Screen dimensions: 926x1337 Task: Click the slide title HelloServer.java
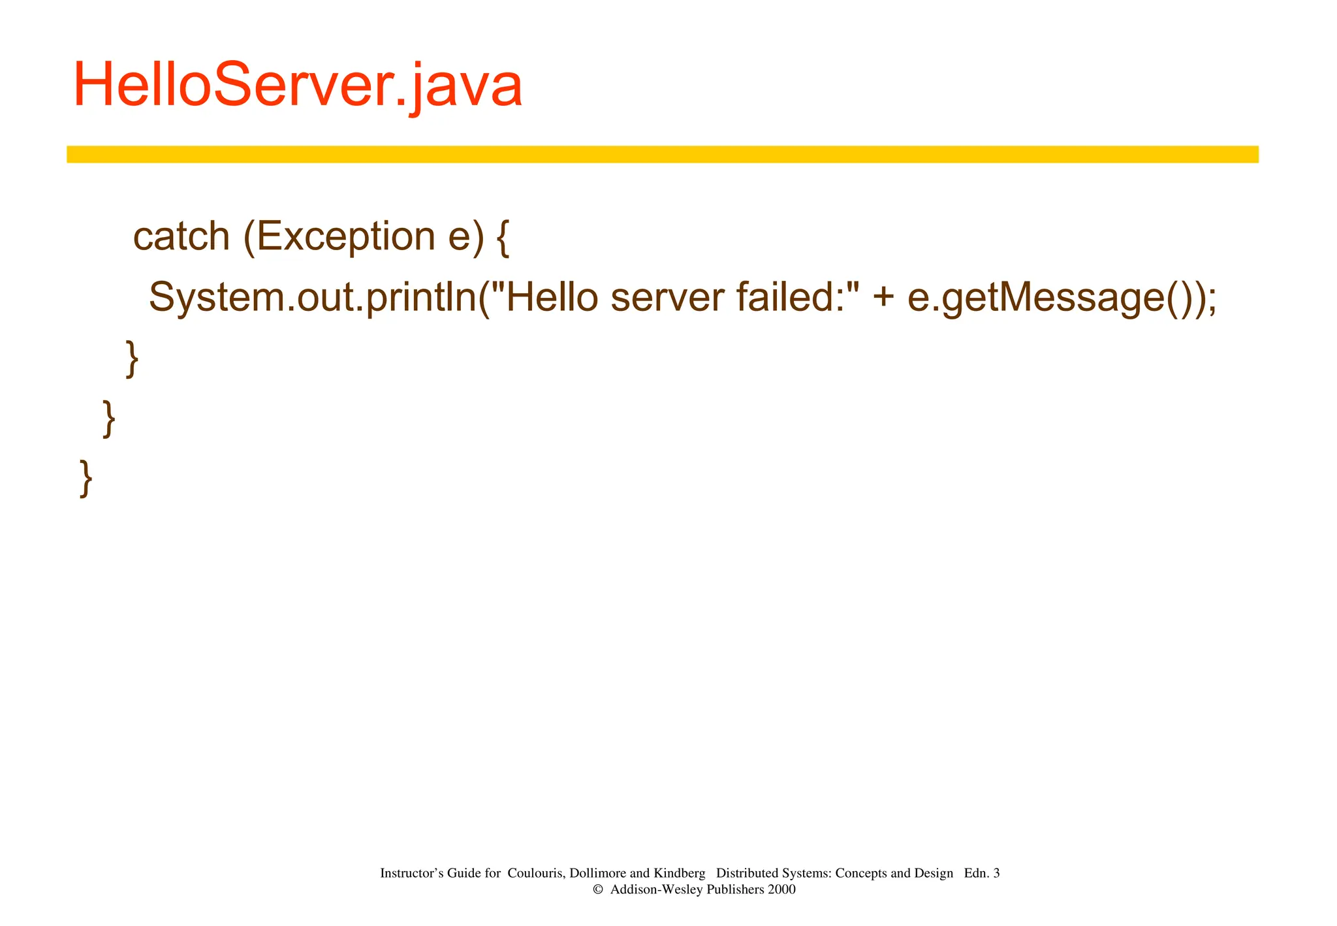coord(298,86)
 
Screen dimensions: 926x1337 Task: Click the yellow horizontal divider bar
coord(662,154)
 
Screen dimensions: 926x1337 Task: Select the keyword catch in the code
coord(181,236)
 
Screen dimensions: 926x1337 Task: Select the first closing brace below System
coord(133,359)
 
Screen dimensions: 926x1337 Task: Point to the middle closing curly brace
coord(109,419)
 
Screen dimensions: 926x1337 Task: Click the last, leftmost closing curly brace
coord(86,479)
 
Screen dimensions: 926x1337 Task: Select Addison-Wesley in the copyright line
coord(657,889)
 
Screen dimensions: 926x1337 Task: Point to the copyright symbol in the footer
coord(597,889)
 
